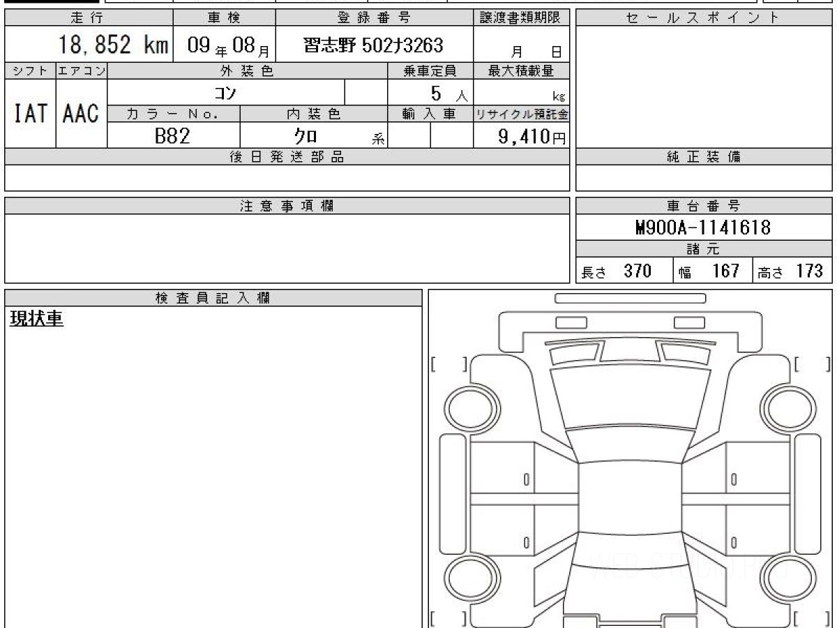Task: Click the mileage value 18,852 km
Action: click(113, 45)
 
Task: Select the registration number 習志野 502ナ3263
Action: click(373, 45)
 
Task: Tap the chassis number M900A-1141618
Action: click(703, 227)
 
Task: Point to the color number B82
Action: click(172, 136)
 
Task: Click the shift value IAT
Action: click(30, 113)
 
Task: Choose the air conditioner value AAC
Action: click(81, 113)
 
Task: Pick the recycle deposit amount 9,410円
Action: click(532, 137)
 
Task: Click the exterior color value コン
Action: click(225, 93)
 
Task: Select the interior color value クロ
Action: click(306, 136)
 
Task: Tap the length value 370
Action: click(638, 271)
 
